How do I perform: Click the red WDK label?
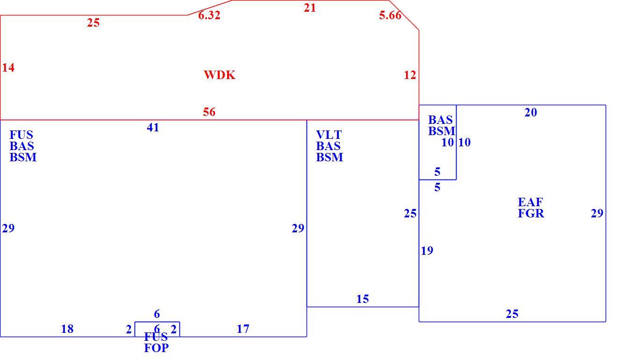click(219, 75)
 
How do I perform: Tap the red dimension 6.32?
click(209, 15)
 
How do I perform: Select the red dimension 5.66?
click(390, 15)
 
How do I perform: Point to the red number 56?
click(209, 112)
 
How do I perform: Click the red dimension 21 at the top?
click(310, 8)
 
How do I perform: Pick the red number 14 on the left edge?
click(8, 67)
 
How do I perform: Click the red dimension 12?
click(410, 75)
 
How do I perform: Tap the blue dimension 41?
click(153, 128)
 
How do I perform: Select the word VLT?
click(329, 135)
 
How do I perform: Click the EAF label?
click(530, 202)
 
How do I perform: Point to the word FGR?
click(531, 214)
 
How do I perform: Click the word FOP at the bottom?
click(157, 348)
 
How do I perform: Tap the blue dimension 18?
click(67, 329)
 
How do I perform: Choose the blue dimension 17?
click(243, 329)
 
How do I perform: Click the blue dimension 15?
click(363, 299)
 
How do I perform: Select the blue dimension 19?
click(427, 251)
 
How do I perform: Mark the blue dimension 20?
click(531, 112)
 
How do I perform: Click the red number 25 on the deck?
click(93, 23)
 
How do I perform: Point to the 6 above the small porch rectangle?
click(157, 314)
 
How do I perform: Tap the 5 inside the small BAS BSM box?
click(437, 172)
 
